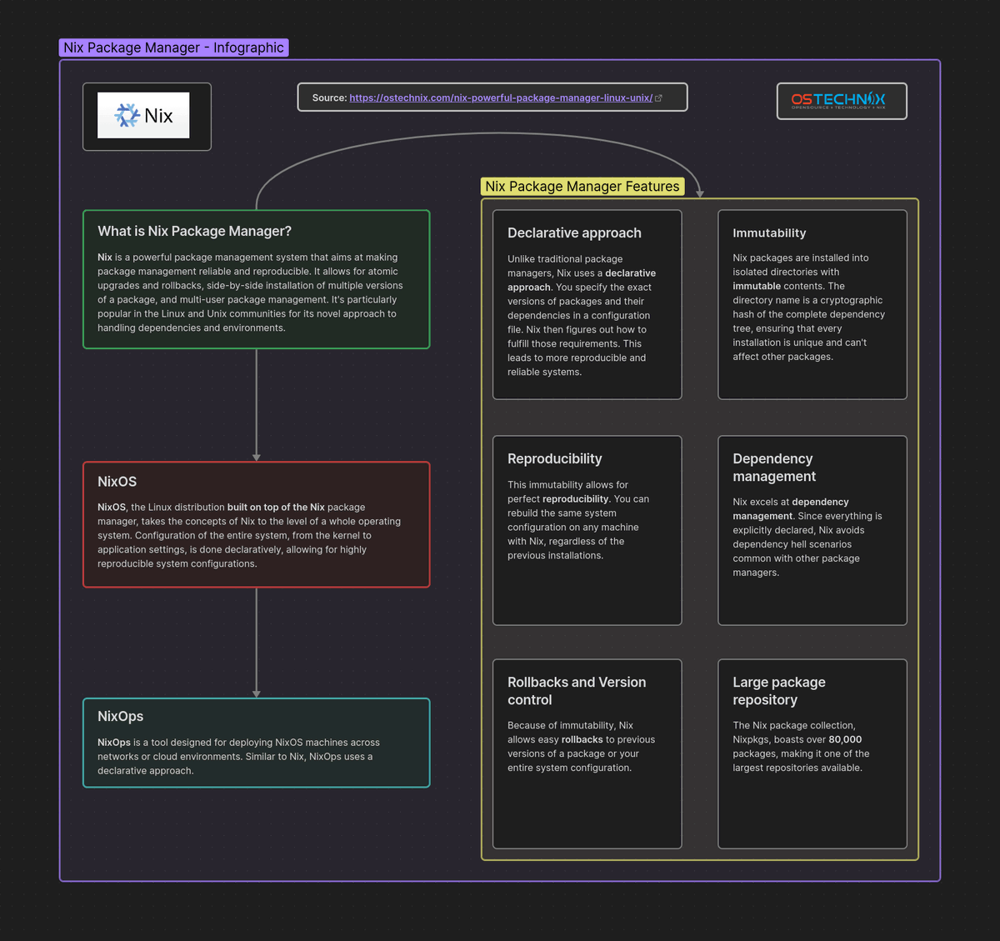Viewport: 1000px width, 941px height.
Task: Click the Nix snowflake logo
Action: [127, 115]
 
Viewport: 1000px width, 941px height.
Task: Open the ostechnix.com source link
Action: [500, 98]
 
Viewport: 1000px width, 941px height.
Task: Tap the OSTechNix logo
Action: [838, 101]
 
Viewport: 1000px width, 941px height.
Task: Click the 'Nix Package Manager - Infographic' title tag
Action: [173, 48]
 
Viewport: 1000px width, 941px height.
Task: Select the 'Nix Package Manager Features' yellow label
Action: [582, 187]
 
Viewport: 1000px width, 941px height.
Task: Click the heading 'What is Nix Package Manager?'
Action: [194, 231]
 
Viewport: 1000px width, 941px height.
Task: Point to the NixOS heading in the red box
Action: [117, 482]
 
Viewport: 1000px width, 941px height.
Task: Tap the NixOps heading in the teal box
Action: [120, 716]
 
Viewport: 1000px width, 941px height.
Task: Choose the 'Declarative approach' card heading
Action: [574, 233]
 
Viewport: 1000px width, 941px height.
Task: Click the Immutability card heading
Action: [769, 233]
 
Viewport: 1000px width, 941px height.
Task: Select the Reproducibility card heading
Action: [554, 458]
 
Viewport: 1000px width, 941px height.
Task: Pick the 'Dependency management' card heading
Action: [773, 468]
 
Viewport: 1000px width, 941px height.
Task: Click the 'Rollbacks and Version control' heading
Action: [576, 691]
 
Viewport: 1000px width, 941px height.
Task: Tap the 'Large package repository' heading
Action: [778, 691]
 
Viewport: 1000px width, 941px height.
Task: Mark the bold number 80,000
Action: [845, 739]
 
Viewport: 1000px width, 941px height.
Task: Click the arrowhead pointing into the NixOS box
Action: [257, 457]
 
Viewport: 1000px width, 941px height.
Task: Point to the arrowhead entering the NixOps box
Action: [257, 693]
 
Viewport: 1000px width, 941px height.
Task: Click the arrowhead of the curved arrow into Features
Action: [700, 193]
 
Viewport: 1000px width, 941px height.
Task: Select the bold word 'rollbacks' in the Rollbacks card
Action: [582, 739]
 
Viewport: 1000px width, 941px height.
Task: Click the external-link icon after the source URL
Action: [659, 98]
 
